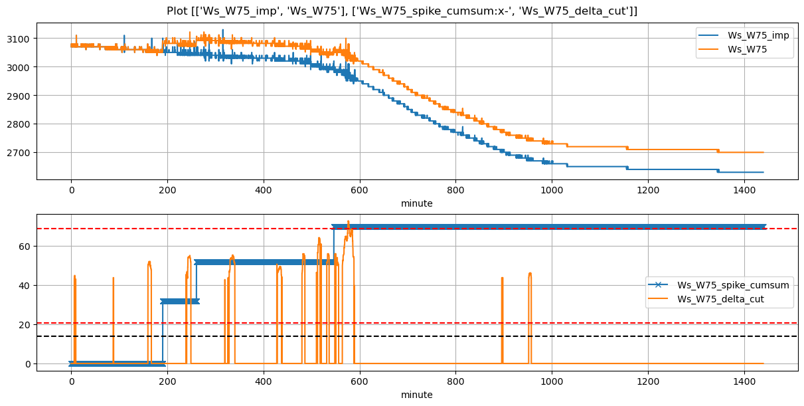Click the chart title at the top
402,11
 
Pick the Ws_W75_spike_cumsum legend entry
732,285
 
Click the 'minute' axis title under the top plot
416,203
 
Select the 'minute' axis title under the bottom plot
416,395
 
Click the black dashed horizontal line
465,336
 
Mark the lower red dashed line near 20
465,324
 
